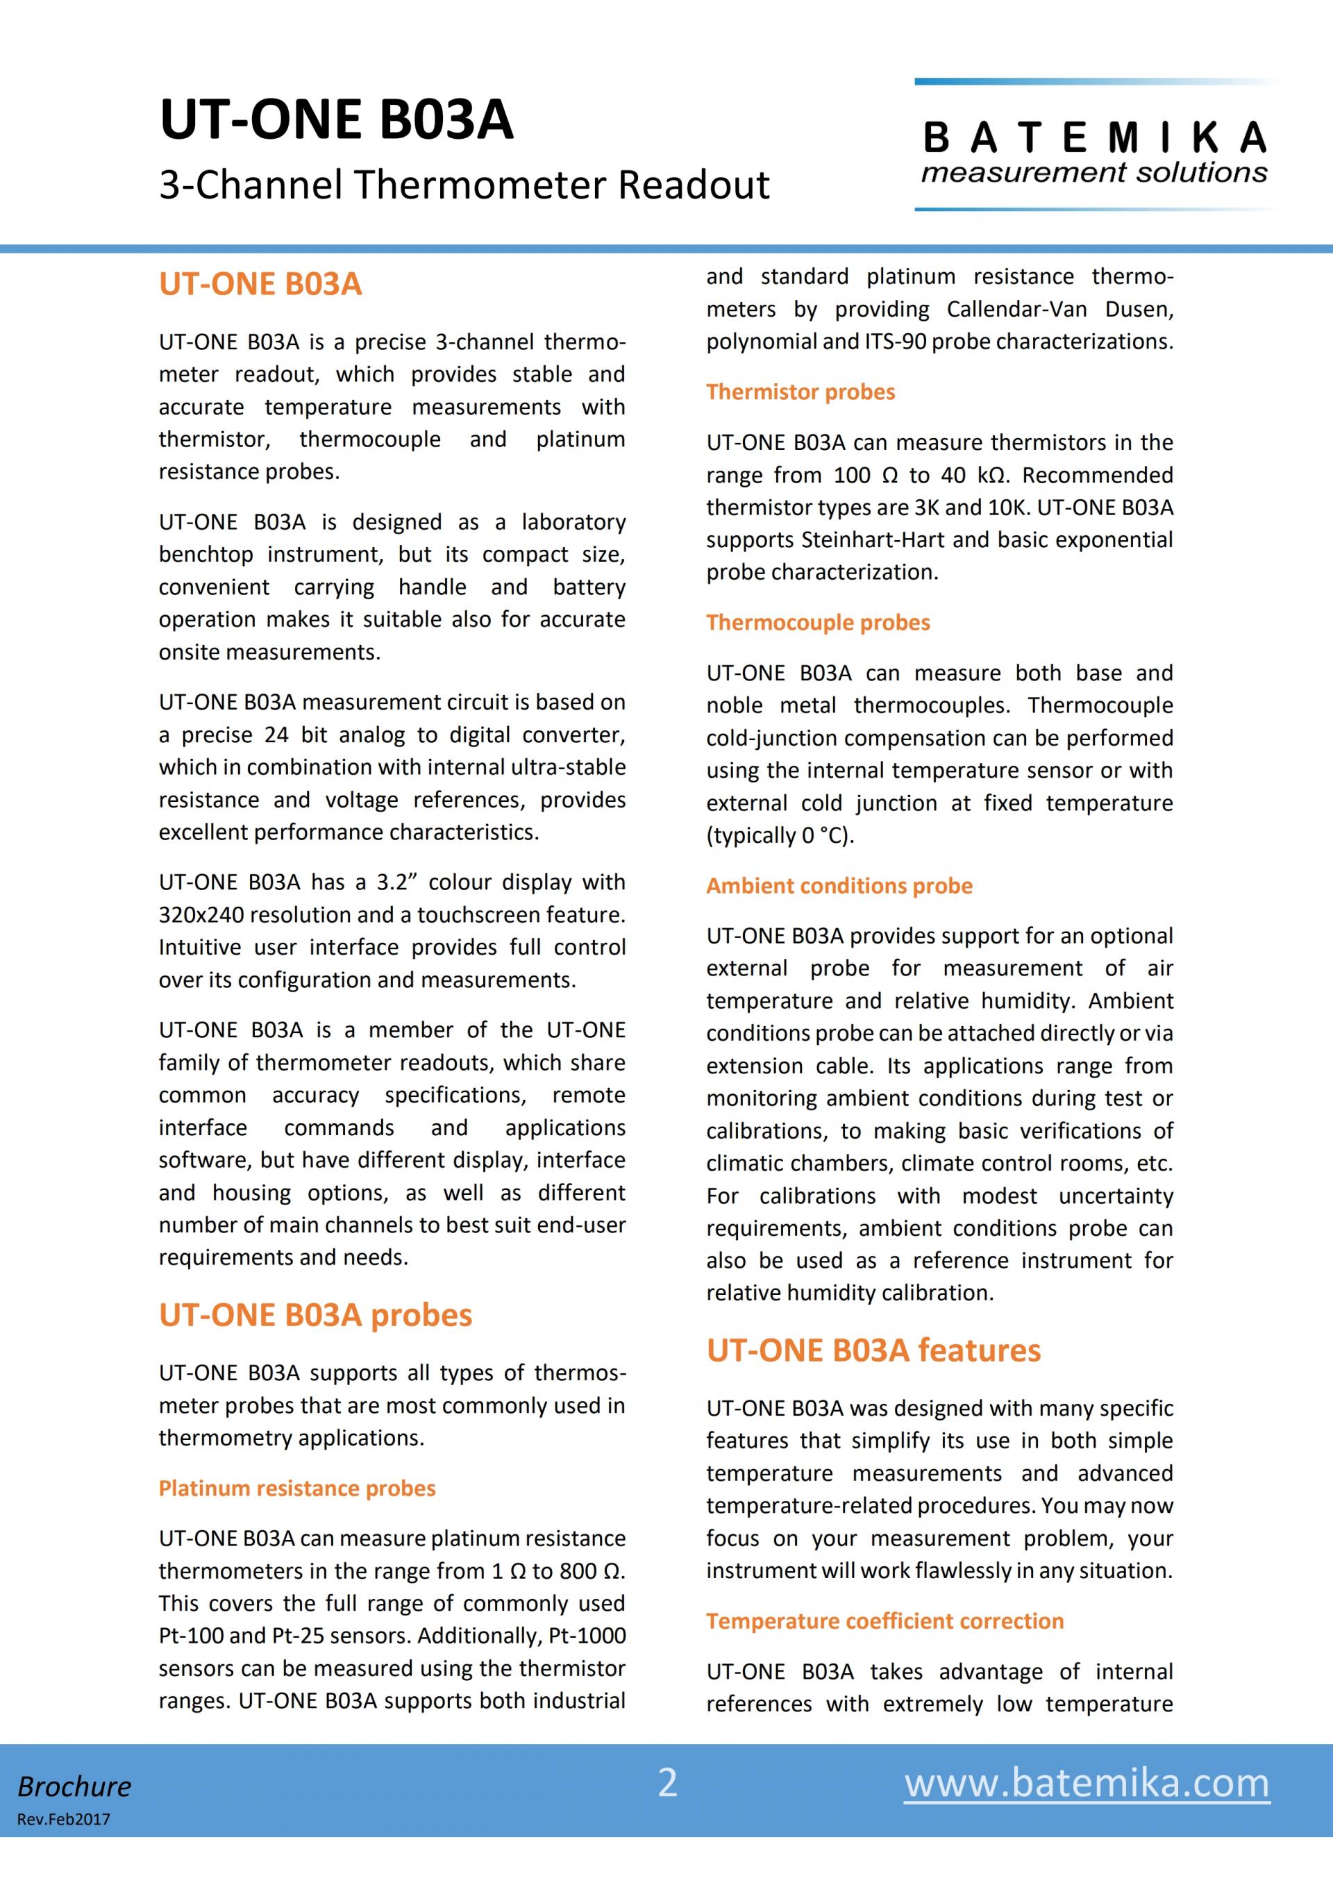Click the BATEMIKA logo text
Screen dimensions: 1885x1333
click(x=1094, y=138)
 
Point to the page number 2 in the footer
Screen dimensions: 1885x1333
click(x=667, y=1782)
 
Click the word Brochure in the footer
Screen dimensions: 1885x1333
click(x=75, y=1786)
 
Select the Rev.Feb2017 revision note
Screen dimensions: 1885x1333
click(x=63, y=1819)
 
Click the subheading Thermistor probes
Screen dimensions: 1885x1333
click(x=800, y=392)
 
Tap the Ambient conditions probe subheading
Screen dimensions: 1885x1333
click(x=839, y=886)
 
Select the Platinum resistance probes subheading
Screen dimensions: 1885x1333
click(x=297, y=1489)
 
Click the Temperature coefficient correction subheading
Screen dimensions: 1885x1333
click(x=885, y=1621)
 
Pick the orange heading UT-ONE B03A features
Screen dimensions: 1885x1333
click(x=873, y=1350)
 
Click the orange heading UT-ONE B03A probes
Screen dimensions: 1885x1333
click(x=315, y=1315)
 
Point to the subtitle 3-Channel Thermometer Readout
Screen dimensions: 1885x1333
click(x=464, y=185)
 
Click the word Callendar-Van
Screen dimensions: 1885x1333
click(x=1016, y=310)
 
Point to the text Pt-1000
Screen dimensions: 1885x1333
click(x=586, y=1636)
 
